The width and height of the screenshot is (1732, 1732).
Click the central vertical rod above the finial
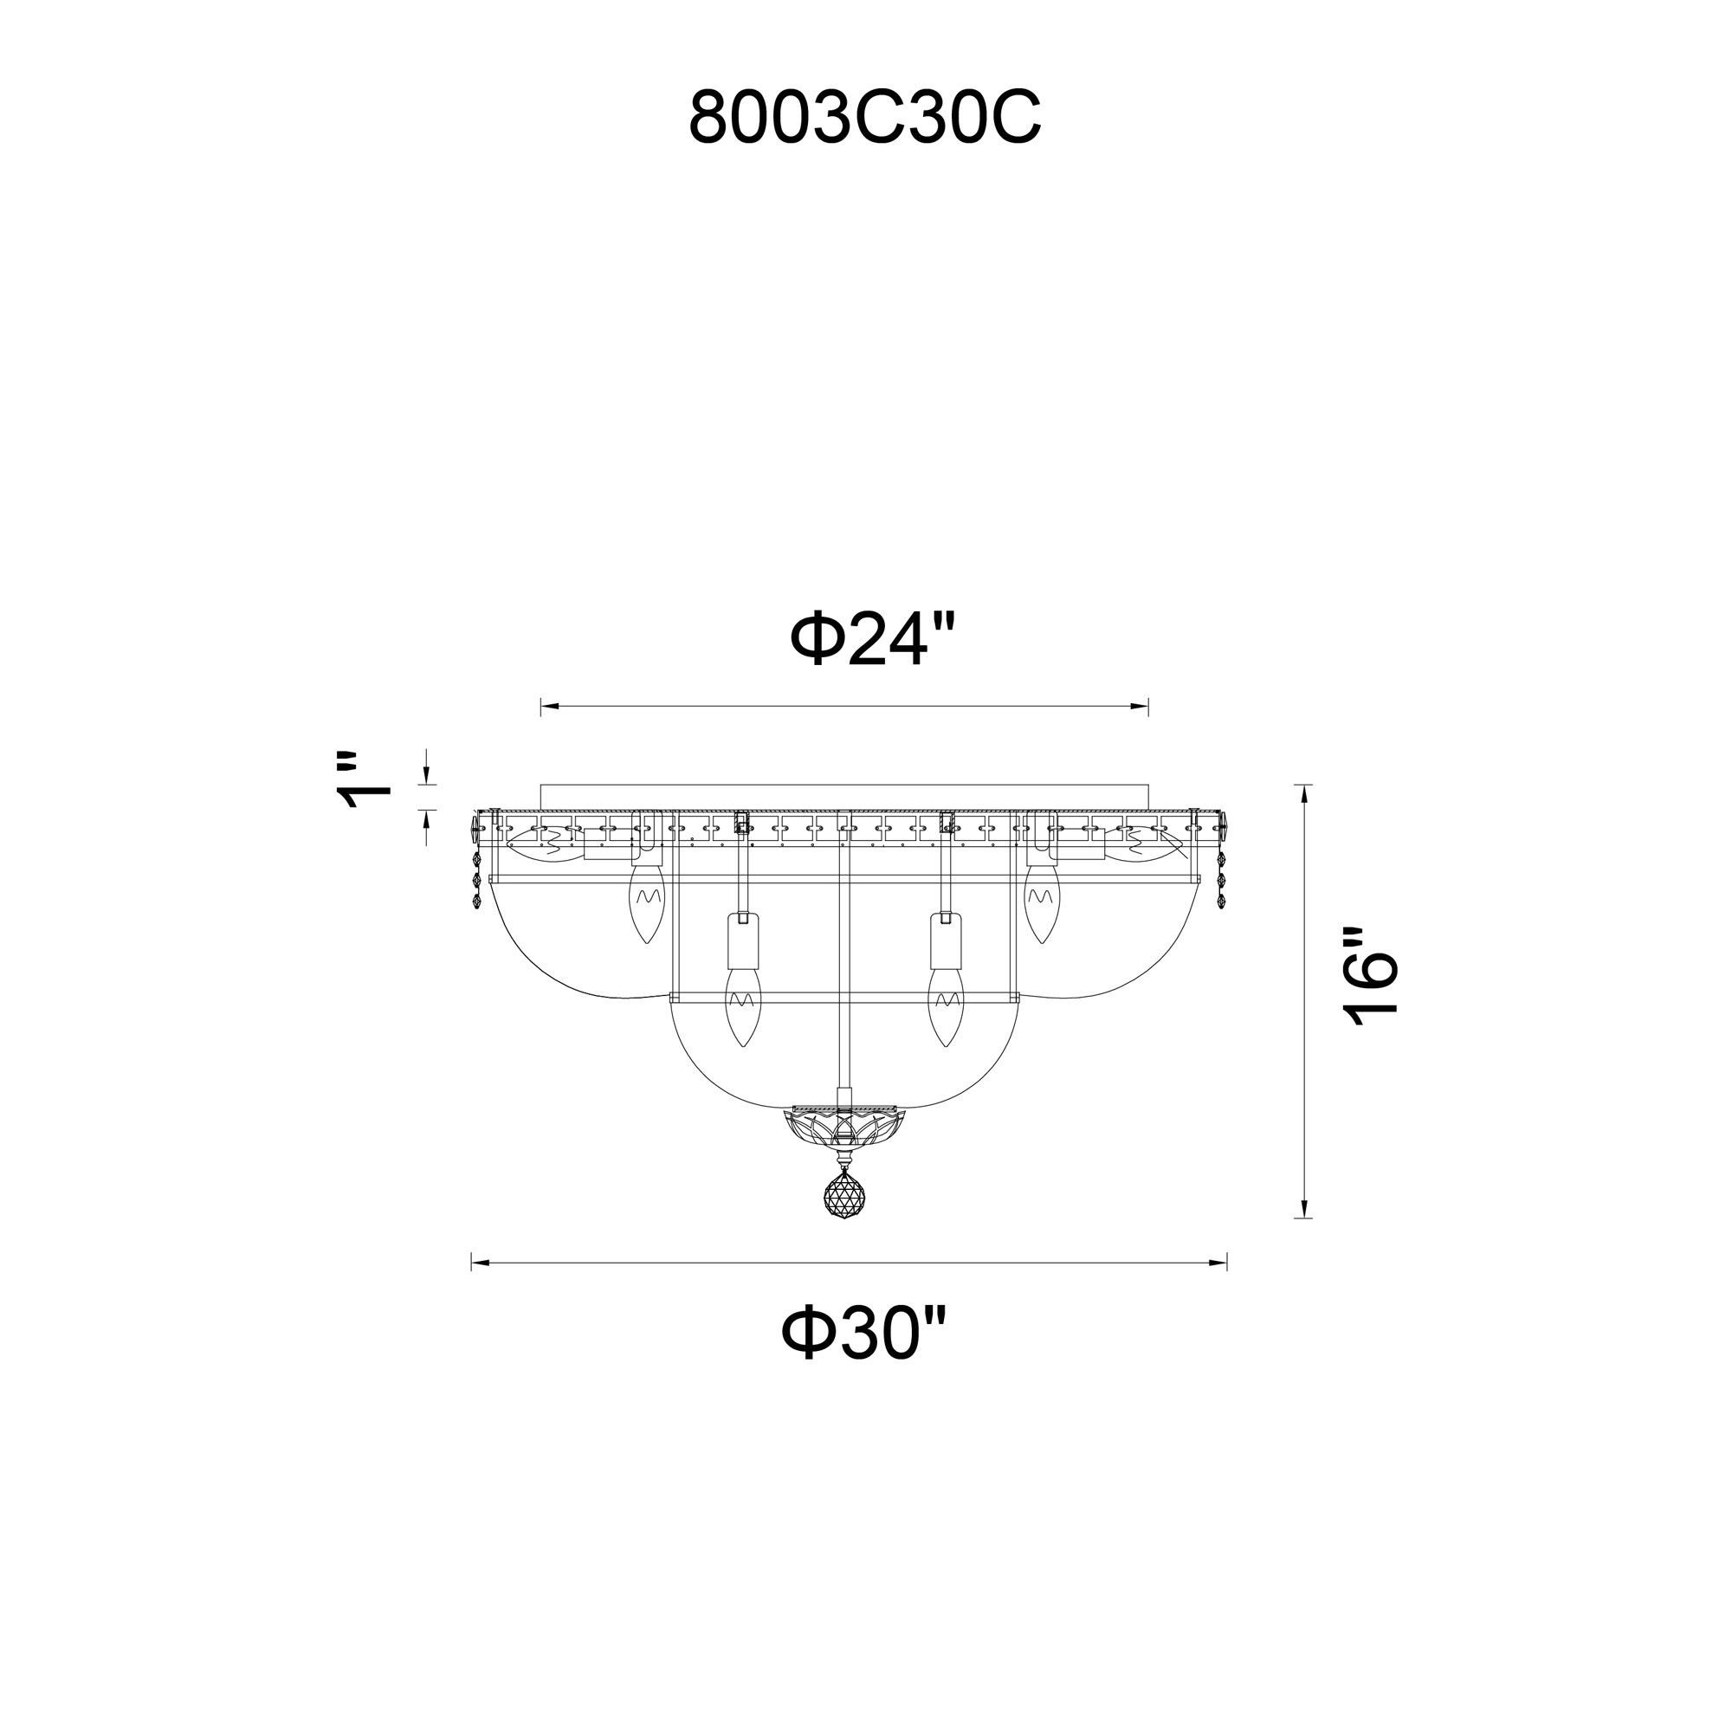coord(842,968)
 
